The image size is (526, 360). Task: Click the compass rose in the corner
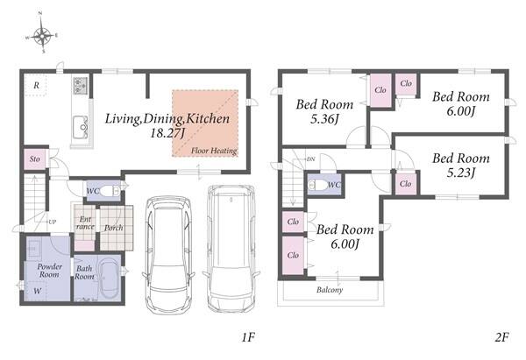click(x=42, y=33)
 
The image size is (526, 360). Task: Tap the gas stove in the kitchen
click(x=81, y=86)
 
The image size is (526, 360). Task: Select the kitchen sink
click(x=81, y=127)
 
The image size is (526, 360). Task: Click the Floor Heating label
click(x=214, y=151)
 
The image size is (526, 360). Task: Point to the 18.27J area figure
click(x=167, y=133)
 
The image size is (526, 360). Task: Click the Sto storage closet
click(x=35, y=159)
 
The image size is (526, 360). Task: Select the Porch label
click(x=113, y=228)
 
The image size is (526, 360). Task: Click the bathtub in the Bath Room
click(x=109, y=278)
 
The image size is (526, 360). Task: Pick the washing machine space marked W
click(x=37, y=291)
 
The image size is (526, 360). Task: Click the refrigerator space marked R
click(x=36, y=85)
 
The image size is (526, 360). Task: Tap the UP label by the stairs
click(x=52, y=222)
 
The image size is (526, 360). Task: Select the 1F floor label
click(x=248, y=337)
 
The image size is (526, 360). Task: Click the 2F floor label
click(x=501, y=337)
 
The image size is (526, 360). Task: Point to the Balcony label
click(x=330, y=290)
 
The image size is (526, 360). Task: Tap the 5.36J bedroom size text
click(x=324, y=118)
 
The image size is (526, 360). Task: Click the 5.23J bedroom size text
click(x=461, y=173)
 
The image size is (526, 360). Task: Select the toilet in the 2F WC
click(x=317, y=185)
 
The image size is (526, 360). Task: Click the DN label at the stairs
click(x=310, y=159)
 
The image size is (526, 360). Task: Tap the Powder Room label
click(x=50, y=271)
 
